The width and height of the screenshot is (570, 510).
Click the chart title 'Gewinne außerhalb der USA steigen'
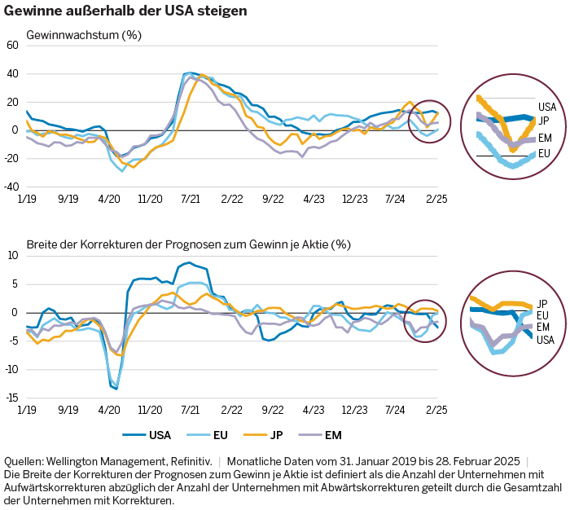125,12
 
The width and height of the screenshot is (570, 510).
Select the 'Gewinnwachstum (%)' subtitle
84,36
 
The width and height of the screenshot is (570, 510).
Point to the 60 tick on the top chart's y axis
12,46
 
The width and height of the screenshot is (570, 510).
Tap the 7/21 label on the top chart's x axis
191,198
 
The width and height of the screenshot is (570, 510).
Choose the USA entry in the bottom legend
149,436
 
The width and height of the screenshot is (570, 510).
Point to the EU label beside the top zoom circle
544,153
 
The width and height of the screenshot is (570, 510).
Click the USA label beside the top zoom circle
546,107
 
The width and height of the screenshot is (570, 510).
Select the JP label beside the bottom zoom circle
542,304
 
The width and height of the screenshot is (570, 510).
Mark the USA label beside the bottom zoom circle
545,340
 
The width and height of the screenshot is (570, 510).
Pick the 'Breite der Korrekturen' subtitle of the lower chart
188,244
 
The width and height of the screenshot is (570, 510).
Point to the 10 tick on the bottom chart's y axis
12,256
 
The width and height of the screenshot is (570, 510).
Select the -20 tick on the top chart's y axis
11,159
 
